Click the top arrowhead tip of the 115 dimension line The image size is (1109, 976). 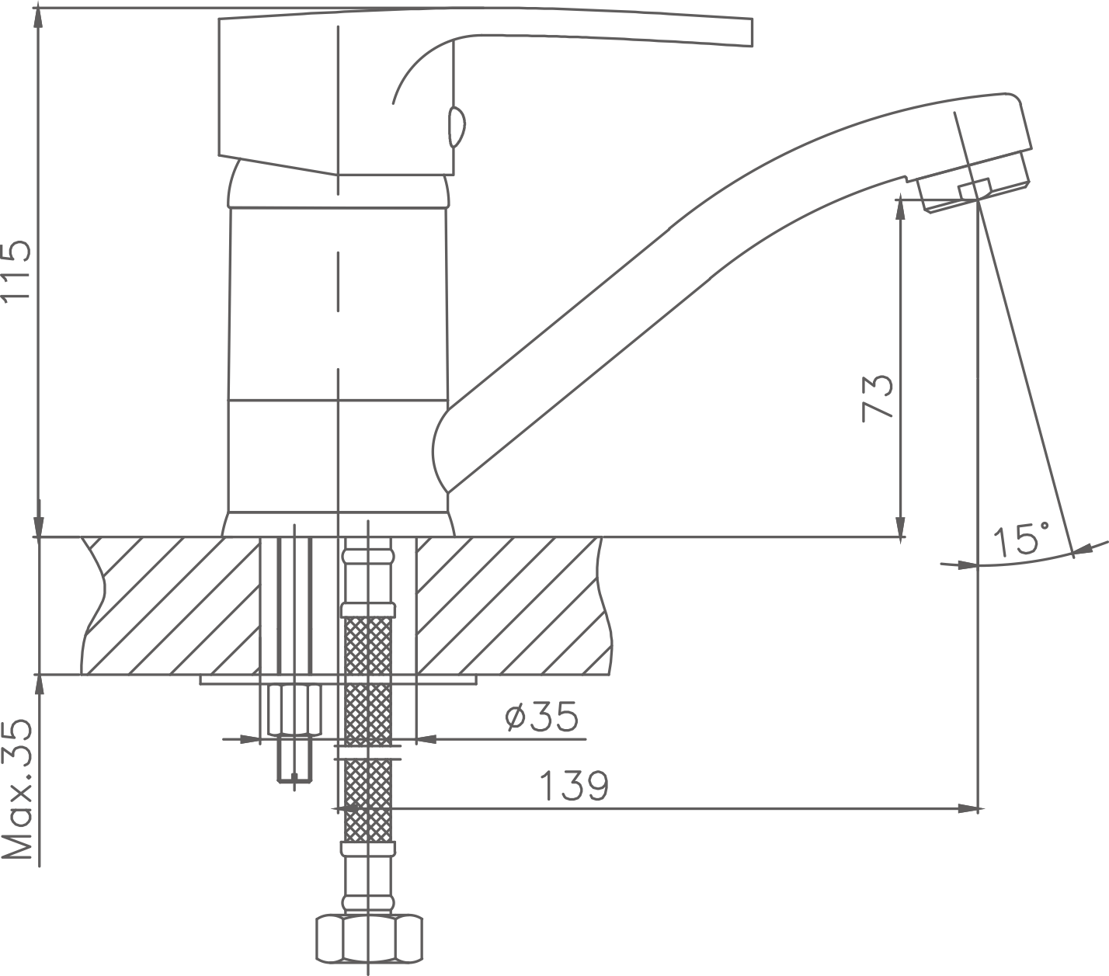tap(40, 9)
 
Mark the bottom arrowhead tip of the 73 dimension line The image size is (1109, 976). tap(899, 537)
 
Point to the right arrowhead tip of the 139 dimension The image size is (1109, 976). tap(978, 808)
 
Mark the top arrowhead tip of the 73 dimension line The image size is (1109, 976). tap(899, 200)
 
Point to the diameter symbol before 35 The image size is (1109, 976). tap(516, 717)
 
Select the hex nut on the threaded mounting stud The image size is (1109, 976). tap(294, 710)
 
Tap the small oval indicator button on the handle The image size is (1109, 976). tap(456, 127)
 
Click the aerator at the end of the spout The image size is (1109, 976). tap(975, 190)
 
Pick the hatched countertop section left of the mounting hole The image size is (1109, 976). tap(170, 606)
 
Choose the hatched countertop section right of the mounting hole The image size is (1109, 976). tap(514, 606)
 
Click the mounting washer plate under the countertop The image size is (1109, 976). tap(338, 680)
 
